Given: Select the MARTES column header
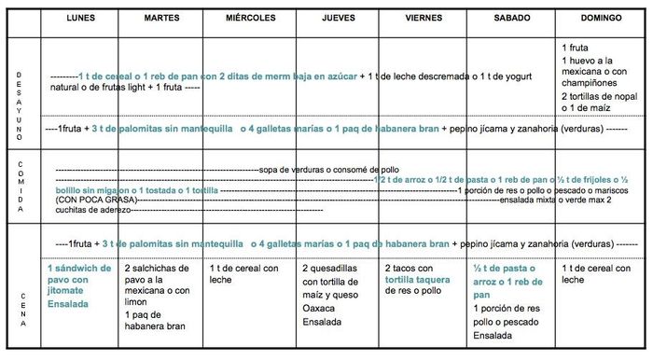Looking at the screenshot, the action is click(163, 19).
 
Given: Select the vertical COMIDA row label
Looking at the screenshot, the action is click(19, 186).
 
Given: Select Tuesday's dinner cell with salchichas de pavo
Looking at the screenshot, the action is click(160, 290).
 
